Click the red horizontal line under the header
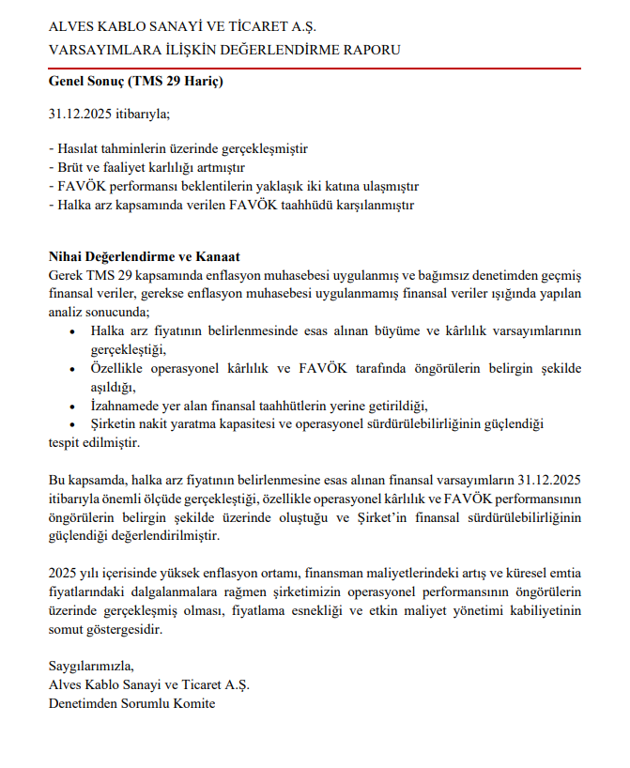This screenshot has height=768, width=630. (315, 69)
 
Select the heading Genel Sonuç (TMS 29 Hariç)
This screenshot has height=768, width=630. (135, 82)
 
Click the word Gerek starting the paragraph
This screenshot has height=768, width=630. (66, 275)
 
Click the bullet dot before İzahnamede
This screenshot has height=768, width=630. (74, 406)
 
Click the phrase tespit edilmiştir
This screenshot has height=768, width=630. (94, 442)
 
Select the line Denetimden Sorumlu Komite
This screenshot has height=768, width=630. (131, 704)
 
